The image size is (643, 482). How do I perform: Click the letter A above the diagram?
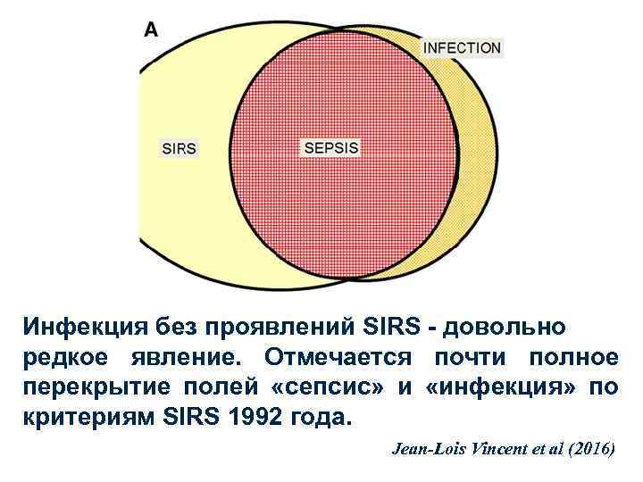152,29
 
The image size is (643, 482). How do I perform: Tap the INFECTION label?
462,47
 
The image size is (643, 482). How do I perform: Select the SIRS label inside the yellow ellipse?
179,148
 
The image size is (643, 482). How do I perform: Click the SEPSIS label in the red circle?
331,148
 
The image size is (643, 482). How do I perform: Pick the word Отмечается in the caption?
338,358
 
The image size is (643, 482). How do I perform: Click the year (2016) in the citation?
588,448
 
